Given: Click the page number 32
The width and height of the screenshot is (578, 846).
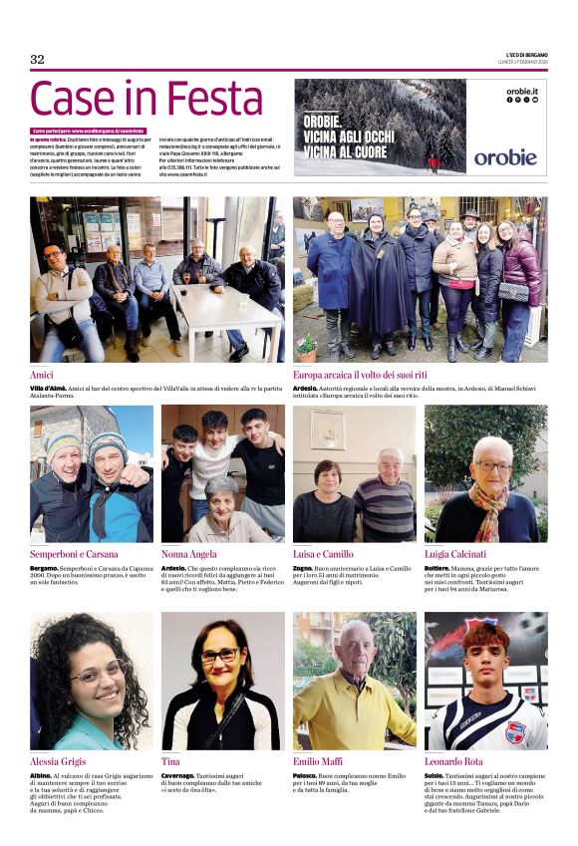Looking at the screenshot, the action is click(x=37, y=60).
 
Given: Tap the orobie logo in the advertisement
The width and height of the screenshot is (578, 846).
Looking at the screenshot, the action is click(x=504, y=156).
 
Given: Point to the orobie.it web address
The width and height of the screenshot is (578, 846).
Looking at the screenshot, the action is click(x=521, y=91).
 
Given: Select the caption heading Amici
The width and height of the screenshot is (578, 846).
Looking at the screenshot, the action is click(x=43, y=375).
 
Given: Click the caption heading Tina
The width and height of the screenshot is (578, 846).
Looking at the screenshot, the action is click(x=170, y=761).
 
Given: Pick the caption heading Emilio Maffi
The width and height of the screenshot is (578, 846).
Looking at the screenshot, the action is click(x=319, y=761).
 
